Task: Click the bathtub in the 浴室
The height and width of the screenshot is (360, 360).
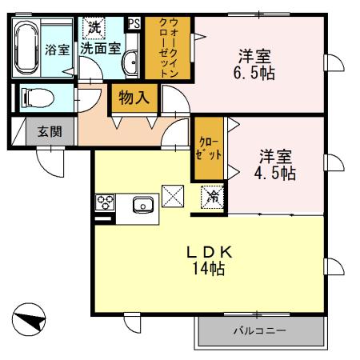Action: coord(26,46)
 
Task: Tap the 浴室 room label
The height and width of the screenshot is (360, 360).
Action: coord(57,49)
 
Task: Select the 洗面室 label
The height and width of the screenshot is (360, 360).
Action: coord(105,48)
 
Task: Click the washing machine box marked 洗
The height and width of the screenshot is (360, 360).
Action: coord(94,26)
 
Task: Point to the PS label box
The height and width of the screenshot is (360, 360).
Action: coord(134,23)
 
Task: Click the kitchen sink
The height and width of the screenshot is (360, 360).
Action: coord(144,204)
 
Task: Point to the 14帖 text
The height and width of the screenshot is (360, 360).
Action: coord(206,270)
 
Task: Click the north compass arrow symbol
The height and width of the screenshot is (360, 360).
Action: coord(30,322)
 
